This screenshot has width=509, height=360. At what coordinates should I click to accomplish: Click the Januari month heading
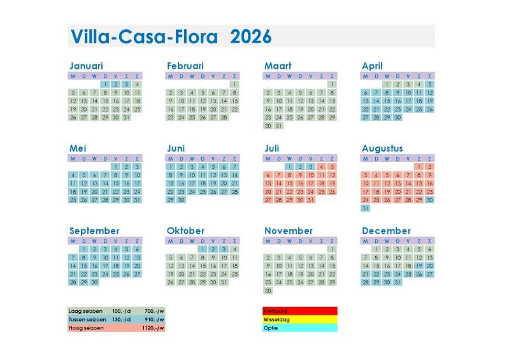click(86, 66)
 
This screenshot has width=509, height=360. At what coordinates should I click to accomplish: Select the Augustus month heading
click(382, 148)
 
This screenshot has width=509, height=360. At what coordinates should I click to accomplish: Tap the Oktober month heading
click(186, 231)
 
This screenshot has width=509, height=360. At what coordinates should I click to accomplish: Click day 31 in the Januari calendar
click(126, 117)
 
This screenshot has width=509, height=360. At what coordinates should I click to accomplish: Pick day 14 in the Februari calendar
click(224, 101)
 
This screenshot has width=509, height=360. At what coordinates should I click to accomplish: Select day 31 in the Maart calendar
click(278, 126)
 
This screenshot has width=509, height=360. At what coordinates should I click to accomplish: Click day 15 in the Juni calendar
click(170, 184)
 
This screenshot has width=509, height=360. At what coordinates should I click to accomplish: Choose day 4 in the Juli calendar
click(321, 167)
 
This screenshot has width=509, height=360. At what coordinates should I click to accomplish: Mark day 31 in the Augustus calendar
click(365, 208)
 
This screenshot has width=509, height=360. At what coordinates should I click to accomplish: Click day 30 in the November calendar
click(268, 291)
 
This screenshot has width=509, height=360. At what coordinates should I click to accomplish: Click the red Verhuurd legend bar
click(300, 311)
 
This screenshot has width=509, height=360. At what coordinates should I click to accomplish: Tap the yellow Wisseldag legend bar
click(300, 319)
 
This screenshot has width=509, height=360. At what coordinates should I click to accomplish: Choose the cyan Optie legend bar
click(300, 328)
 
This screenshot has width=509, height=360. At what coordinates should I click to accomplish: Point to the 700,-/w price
click(154, 311)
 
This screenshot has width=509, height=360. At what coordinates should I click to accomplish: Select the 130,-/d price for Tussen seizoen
click(120, 319)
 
